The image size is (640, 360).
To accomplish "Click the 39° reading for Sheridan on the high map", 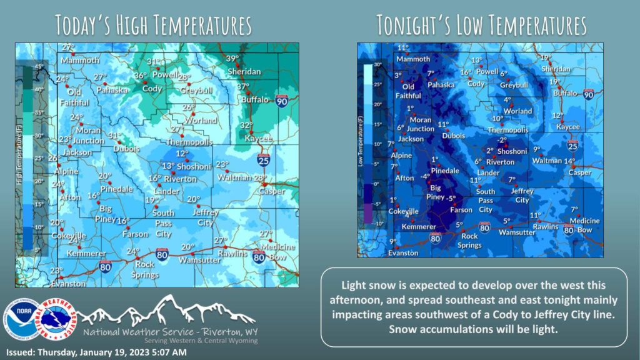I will point(232,59).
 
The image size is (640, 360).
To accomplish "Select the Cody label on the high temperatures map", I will point(152,88).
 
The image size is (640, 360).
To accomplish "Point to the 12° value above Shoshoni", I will point(181,154).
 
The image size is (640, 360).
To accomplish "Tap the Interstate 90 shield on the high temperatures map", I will point(282,100).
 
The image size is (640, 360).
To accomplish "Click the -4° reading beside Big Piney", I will point(426,177).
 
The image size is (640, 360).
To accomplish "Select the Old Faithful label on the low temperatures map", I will point(408,91).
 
